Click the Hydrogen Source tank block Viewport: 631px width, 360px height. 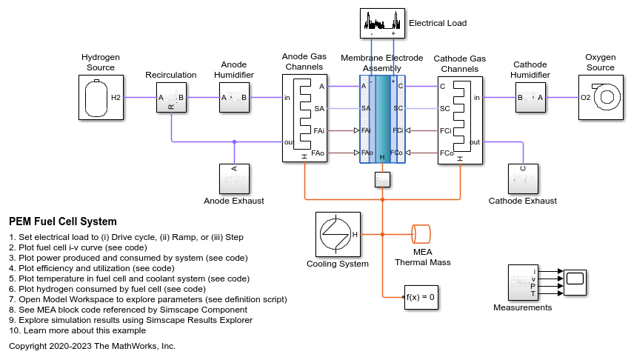tap(101, 97)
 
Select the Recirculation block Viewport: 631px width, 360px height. tap(171, 97)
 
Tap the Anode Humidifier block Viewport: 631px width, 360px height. tap(234, 97)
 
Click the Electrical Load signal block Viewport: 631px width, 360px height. tap(383, 23)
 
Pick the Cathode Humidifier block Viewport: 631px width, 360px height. tap(530, 97)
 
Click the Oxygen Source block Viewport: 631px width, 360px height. tap(601, 97)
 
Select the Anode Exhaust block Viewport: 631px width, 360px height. tap(234, 179)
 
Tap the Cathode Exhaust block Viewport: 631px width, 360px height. tap(523, 179)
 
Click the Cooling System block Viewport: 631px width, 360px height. tap(338, 234)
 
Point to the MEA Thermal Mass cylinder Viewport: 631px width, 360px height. tap(422, 234)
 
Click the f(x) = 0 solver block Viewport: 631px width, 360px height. tap(419, 296)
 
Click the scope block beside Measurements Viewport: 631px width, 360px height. tap(575, 279)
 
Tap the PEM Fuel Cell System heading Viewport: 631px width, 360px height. tap(63, 221)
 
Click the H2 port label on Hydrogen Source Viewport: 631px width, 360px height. tap(116, 97)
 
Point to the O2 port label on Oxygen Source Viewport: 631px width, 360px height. tap(586, 97)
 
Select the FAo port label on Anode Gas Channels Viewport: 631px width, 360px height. tap(318, 153)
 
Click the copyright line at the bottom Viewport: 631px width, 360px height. tap(92, 346)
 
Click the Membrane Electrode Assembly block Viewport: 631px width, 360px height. tap(382, 119)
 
